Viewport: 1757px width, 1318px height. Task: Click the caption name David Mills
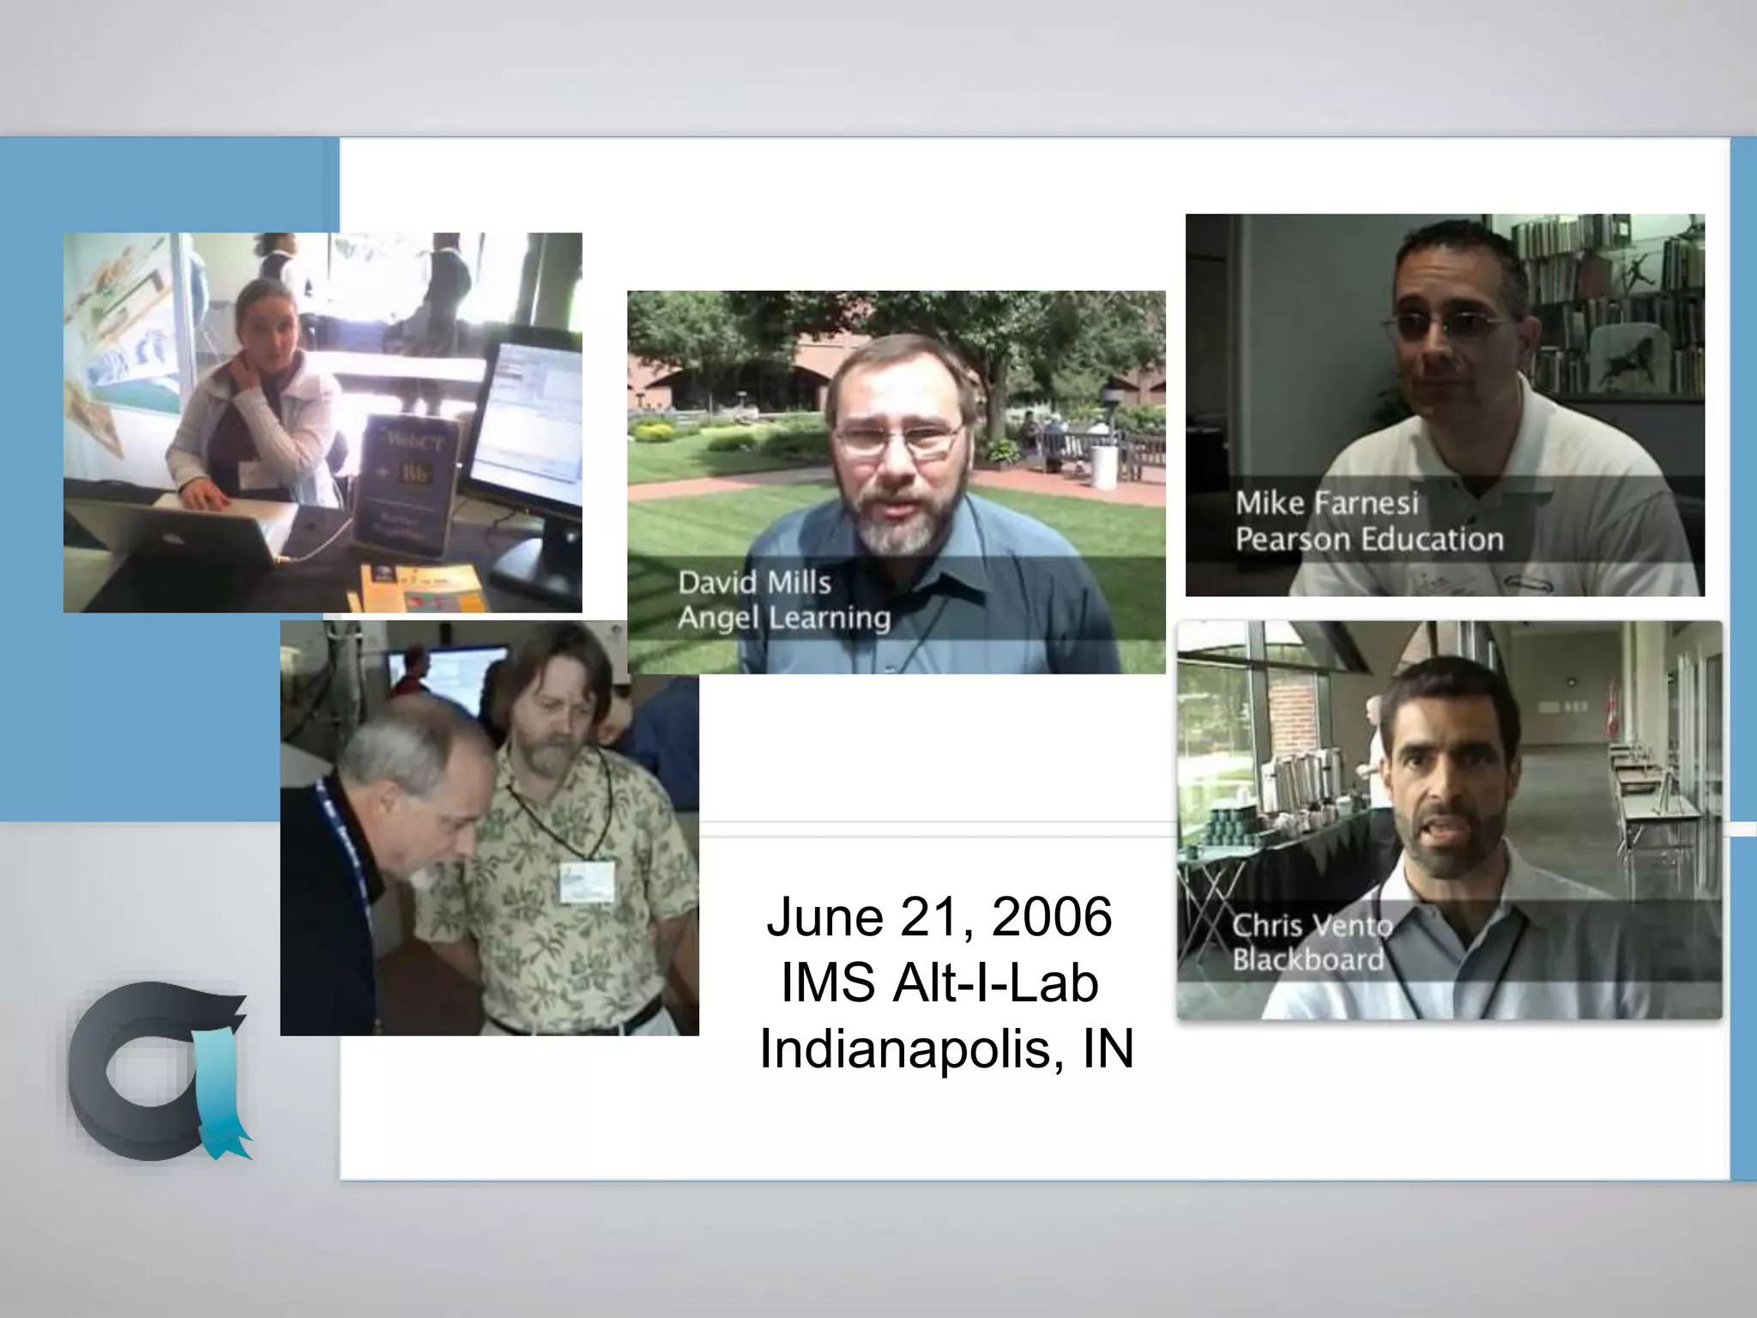coord(754,583)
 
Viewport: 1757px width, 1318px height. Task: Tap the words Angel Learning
coord(784,618)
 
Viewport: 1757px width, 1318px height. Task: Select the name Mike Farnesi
coord(1326,503)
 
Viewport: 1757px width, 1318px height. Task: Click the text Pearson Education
coord(1369,540)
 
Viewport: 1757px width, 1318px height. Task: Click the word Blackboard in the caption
coord(1307,959)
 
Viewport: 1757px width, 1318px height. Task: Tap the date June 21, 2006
coord(939,916)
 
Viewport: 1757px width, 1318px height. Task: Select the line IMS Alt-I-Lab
coord(939,982)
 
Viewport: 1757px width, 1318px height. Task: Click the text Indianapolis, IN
coord(946,1049)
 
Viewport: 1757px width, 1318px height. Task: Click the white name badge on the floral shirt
coord(587,881)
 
